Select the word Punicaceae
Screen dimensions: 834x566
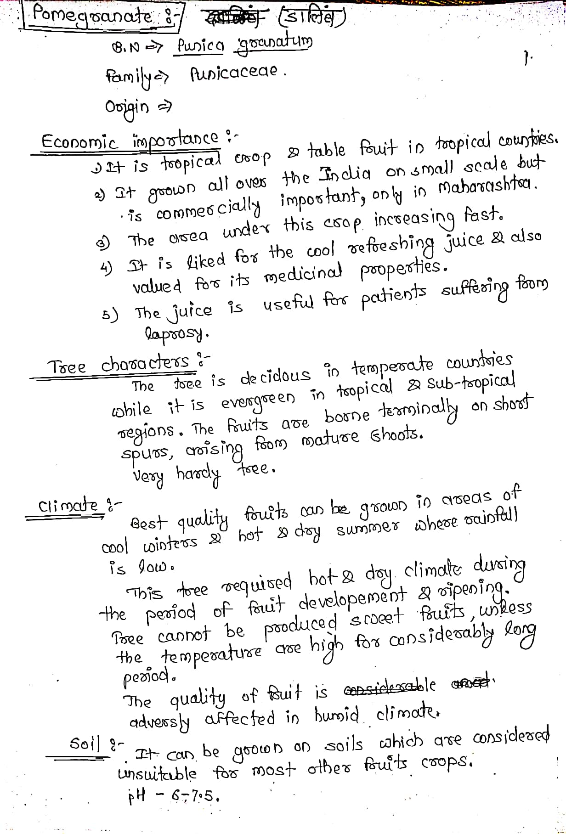point(234,73)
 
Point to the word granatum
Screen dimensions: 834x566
point(273,46)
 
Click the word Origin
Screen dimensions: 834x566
point(127,107)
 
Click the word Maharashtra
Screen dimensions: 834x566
point(487,187)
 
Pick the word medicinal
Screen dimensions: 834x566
point(303,274)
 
